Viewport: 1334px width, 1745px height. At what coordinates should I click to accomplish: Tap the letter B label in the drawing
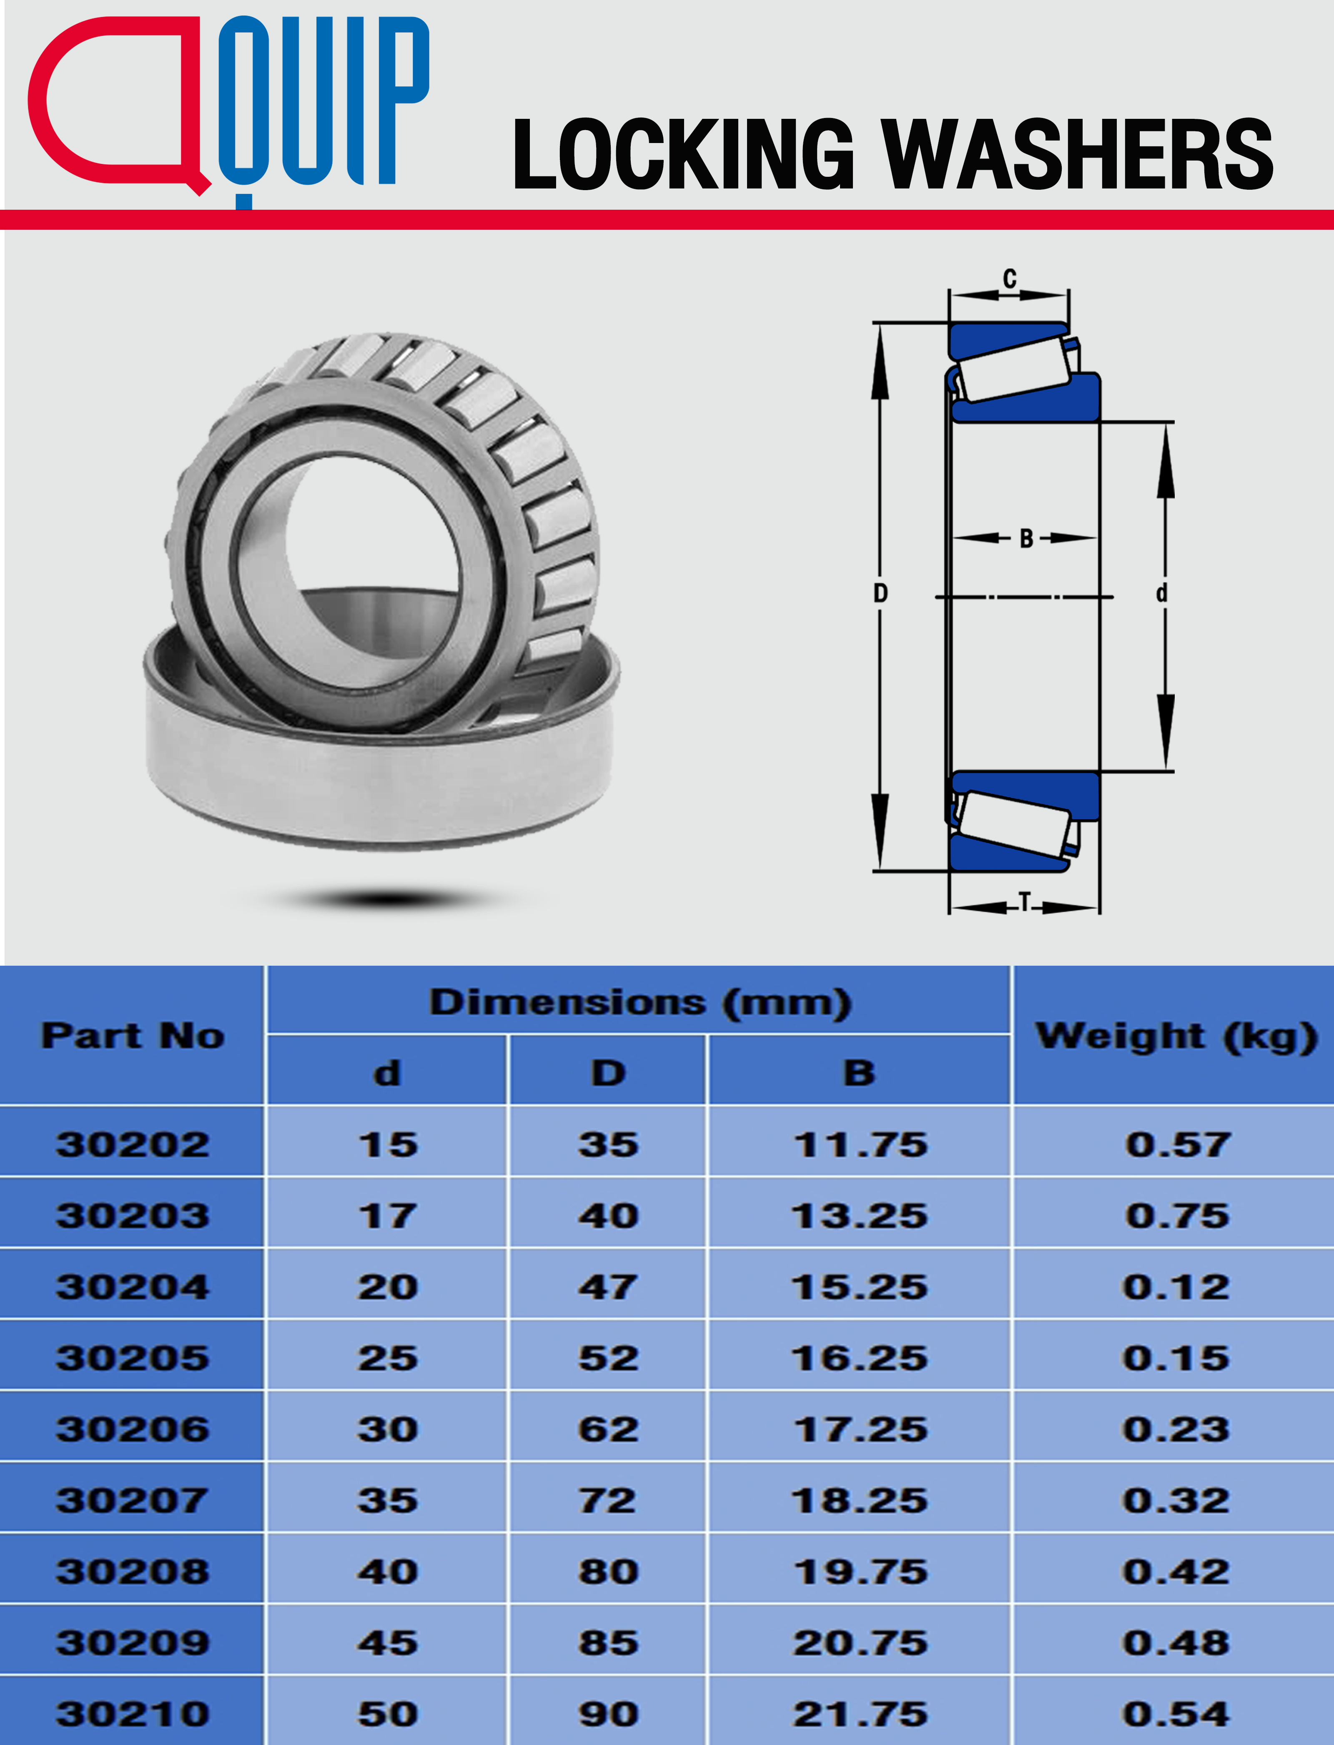pos(1026,539)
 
